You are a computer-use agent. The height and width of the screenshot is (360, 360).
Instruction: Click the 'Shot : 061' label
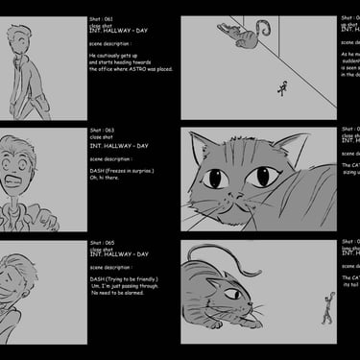tap(103, 18)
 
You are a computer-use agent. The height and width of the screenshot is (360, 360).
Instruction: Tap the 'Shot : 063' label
tap(103, 130)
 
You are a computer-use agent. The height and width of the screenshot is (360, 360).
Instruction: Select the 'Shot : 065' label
tap(103, 243)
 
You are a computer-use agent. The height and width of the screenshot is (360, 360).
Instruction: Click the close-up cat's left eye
tap(214, 180)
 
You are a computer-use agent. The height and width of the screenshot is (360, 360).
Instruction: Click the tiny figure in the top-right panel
tap(282, 89)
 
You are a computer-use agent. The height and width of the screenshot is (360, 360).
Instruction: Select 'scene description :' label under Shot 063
tap(112, 158)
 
